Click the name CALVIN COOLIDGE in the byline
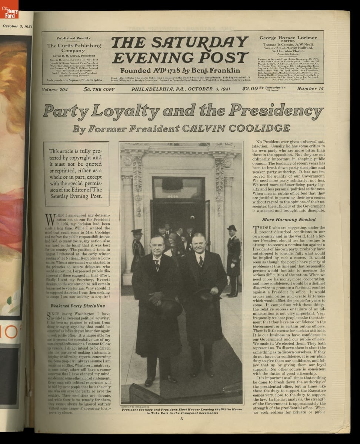tap(235, 128)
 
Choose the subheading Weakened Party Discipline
tap(77, 306)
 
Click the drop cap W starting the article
tap(50, 220)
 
